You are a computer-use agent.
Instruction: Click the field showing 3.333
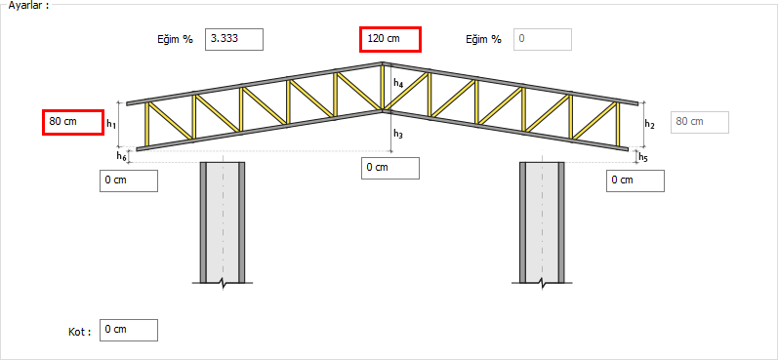234,39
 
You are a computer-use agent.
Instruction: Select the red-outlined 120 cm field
390,39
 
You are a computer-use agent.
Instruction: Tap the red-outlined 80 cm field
73,122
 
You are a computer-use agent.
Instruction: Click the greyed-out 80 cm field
700,123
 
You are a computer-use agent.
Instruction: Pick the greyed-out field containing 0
543,39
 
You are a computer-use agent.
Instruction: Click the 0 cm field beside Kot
129,331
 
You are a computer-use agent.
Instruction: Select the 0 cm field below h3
390,168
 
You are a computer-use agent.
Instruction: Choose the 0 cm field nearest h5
635,180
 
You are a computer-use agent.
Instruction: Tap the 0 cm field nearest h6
129,180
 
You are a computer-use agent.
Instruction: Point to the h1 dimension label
111,125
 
